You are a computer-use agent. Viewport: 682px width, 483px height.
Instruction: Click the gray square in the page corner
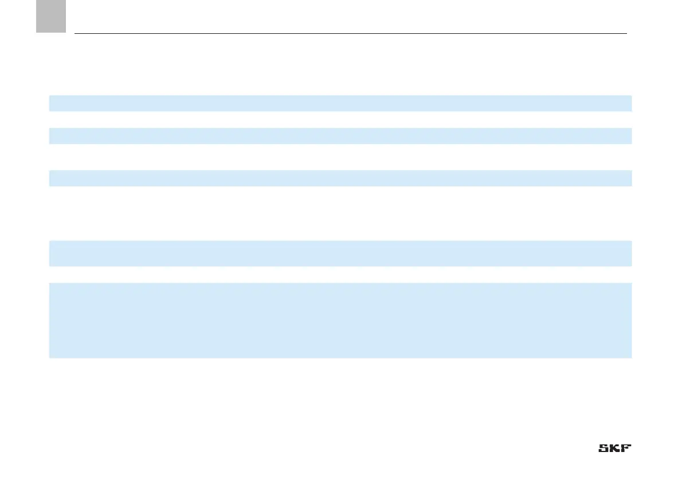point(51,15)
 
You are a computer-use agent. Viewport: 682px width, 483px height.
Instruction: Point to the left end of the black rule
point(75,33)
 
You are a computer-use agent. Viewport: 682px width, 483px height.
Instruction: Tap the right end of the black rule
point(626,33)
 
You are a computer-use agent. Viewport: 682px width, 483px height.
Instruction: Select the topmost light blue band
point(340,103)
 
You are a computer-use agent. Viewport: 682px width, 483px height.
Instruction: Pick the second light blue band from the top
point(340,136)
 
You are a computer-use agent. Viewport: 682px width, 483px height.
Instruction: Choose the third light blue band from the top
point(340,178)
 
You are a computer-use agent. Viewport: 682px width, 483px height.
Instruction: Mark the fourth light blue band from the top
point(340,254)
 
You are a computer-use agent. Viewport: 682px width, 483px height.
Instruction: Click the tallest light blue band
point(340,320)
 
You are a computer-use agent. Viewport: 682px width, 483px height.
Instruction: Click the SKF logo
point(615,449)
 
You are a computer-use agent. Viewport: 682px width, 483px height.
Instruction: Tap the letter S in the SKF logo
point(604,449)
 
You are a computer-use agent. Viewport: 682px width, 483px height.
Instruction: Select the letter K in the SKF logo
point(615,449)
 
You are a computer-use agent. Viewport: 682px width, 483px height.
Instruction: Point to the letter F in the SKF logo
point(626,449)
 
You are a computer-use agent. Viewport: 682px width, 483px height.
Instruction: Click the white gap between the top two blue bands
point(340,119)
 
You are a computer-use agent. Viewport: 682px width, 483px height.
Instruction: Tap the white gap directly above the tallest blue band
point(340,274)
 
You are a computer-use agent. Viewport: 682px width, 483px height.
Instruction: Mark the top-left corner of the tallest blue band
point(49,283)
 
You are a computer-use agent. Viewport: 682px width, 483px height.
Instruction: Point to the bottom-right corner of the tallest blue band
point(631,358)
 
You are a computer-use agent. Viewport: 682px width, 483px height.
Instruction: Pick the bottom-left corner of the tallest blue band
point(49,358)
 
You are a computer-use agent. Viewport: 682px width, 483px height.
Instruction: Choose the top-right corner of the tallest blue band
point(631,283)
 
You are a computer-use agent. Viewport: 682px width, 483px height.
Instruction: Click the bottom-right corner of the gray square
point(66,32)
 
